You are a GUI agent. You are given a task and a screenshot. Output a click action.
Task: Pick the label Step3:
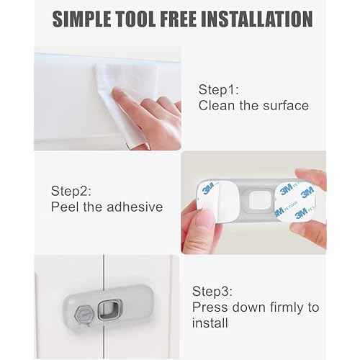point(212,292)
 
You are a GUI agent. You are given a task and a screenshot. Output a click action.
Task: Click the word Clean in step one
point(215,106)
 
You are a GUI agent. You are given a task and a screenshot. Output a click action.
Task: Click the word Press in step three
point(209,307)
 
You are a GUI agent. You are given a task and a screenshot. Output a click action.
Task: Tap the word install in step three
point(210,323)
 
